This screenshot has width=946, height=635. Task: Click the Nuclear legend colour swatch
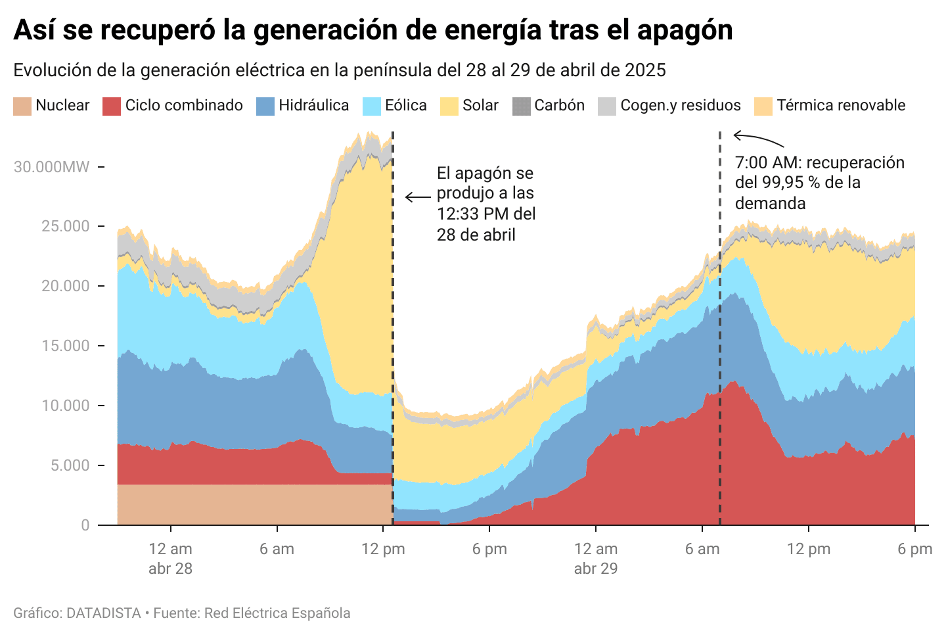[22, 106]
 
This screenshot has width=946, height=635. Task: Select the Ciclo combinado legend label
[184, 105]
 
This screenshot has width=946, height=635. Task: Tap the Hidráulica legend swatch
[265, 106]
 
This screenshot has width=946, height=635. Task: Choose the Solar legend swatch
[449, 106]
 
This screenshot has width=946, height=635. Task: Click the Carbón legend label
[559, 105]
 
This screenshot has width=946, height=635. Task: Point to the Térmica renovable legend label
[841, 105]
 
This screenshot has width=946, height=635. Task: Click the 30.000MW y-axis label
[51, 167]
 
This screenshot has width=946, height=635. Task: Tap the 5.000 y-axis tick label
[66, 465]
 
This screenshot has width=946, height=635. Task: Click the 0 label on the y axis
[85, 525]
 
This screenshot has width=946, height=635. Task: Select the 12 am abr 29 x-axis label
[596, 559]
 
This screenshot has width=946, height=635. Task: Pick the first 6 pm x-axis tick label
[489, 549]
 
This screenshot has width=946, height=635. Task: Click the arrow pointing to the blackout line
[418, 197]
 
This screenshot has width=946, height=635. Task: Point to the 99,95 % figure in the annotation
[791, 182]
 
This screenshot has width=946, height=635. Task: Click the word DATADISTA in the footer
[104, 613]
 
